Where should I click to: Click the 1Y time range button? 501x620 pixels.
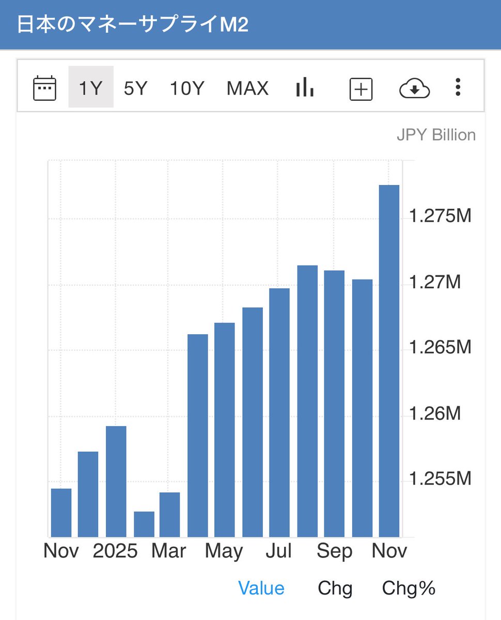click(x=90, y=88)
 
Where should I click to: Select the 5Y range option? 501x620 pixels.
click(x=135, y=88)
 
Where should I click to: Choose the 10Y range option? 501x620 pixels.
click(x=187, y=88)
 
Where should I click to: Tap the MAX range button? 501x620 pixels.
click(x=247, y=88)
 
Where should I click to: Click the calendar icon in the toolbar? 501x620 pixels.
click(x=44, y=88)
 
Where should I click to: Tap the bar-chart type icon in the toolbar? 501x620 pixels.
click(x=305, y=87)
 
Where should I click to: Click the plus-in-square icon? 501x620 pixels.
click(x=361, y=89)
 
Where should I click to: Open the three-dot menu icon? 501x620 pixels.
click(x=458, y=87)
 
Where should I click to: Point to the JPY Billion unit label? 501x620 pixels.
click(x=436, y=135)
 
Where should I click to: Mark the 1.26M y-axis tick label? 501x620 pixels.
click(x=434, y=413)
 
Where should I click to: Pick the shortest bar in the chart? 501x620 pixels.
click(x=144, y=524)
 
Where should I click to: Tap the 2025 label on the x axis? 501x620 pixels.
click(x=115, y=551)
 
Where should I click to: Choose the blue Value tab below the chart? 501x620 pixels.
click(x=261, y=588)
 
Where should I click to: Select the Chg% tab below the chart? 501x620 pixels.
click(x=409, y=588)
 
